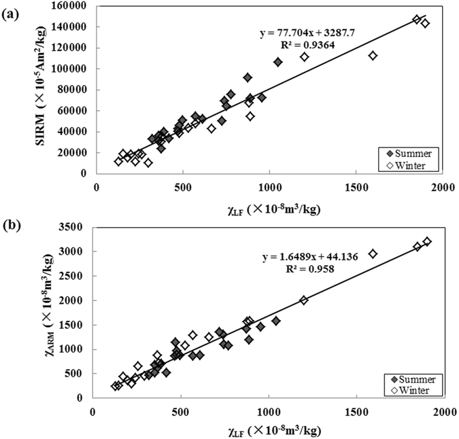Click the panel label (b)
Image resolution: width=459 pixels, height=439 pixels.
(10, 223)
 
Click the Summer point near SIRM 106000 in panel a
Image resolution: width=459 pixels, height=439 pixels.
(277, 62)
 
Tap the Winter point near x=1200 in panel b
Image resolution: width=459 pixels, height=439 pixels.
(303, 300)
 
